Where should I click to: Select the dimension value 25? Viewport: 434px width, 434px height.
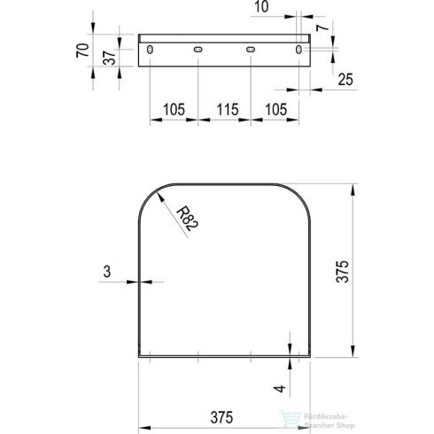click(345, 81)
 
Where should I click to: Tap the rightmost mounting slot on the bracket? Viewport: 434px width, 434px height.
click(302, 49)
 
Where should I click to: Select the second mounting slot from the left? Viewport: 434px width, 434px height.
click(198, 49)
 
